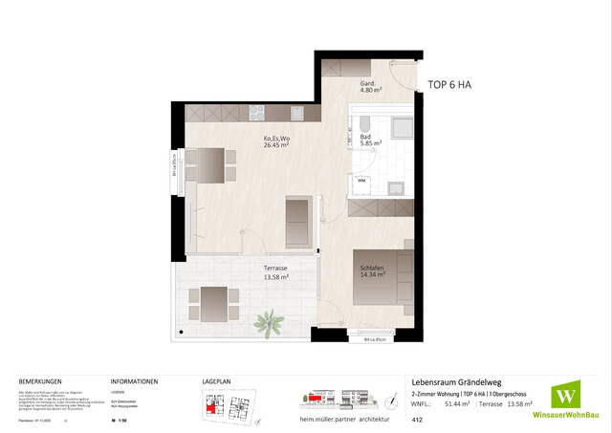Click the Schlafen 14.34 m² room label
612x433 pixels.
click(x=373, y=270)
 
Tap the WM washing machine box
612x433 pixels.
click(x=363, y=180)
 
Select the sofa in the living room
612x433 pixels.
click(x=298, y=222)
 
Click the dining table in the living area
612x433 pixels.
click(x=213, y=164)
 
